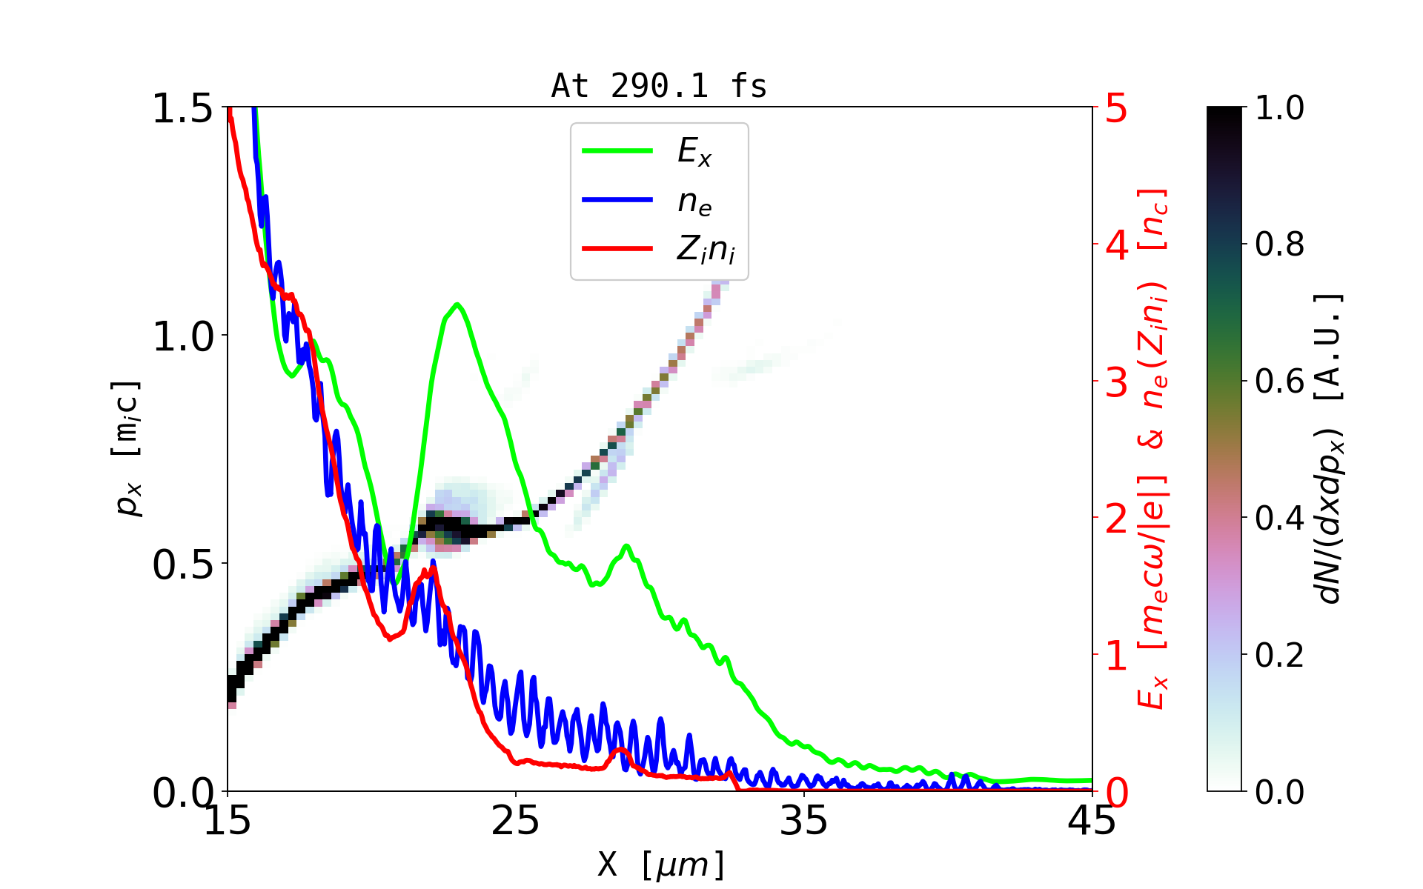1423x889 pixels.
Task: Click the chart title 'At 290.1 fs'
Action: pos(659,87)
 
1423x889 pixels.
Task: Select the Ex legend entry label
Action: pos(694,152)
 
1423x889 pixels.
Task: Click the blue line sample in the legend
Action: pos(617,200)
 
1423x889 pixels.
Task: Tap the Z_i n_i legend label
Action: pos(706,250)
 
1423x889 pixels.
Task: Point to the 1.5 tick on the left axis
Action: pos(182,109)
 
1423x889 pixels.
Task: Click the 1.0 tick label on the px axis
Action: pos(182,337)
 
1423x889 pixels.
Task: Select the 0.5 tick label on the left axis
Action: pos(182,565)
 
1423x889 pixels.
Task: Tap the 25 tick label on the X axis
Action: pos(516,821)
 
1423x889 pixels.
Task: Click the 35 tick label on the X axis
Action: pos(804,821)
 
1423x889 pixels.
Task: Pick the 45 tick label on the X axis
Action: pos(1092,821)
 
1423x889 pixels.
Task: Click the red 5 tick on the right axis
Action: pos(1117,109)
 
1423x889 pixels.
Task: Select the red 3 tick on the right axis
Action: pos(1117,382)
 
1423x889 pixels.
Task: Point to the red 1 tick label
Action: pos(1117,656)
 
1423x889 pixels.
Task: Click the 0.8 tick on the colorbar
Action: pos(1279,244)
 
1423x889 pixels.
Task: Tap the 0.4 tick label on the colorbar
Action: pos(1279,519)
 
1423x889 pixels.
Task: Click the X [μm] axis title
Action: pos(661,864)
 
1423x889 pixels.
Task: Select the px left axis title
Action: pos(127,448)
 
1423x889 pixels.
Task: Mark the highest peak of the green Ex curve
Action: pos(457,304)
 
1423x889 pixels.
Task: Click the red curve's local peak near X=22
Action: pos(433,568)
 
